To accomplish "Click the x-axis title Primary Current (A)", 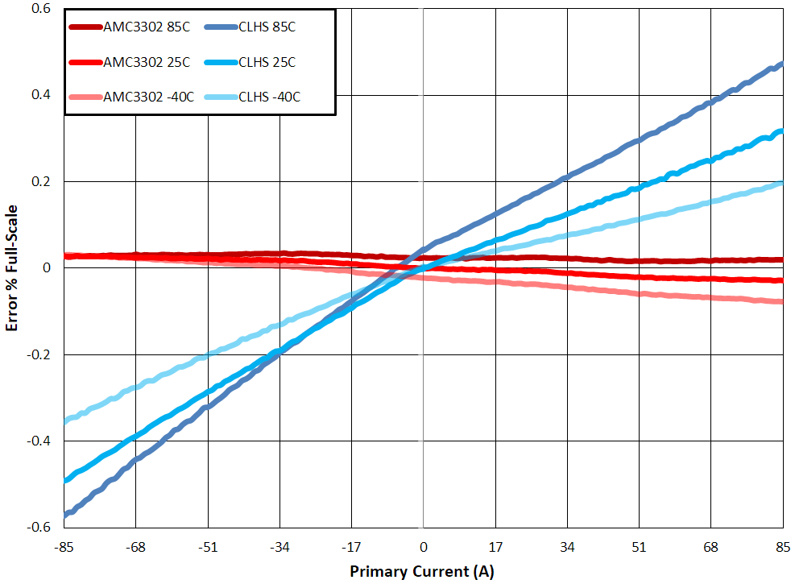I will click(421, 572).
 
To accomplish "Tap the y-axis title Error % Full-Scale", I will click(13, 268).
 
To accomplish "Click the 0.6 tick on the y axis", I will click(40, 9).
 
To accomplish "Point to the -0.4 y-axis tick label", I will click(38, 441).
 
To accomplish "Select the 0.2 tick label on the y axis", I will click(40, 182).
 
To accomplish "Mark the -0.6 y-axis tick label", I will click(38, 528).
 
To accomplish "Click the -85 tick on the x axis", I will click(64, 548).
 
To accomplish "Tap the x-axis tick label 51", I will click(639, 548).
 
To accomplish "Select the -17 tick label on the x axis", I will click(351, 548).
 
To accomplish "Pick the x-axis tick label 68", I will click(711, 548).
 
